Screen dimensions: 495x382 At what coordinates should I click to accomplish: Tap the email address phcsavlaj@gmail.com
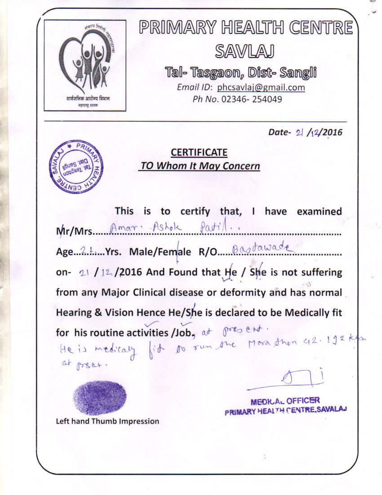coord(261,88)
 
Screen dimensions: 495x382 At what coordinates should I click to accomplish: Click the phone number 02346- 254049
coord(252,99)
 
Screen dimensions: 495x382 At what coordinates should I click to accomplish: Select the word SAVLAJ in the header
coord(245,51)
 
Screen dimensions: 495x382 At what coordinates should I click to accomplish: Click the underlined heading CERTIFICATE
coord(199,153)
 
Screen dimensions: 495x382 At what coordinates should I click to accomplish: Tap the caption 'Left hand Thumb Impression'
coord(107,422)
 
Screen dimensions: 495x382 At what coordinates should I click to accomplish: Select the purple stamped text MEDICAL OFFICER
coord(286,400)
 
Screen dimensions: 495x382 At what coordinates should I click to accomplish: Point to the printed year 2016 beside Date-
coord(333,132)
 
